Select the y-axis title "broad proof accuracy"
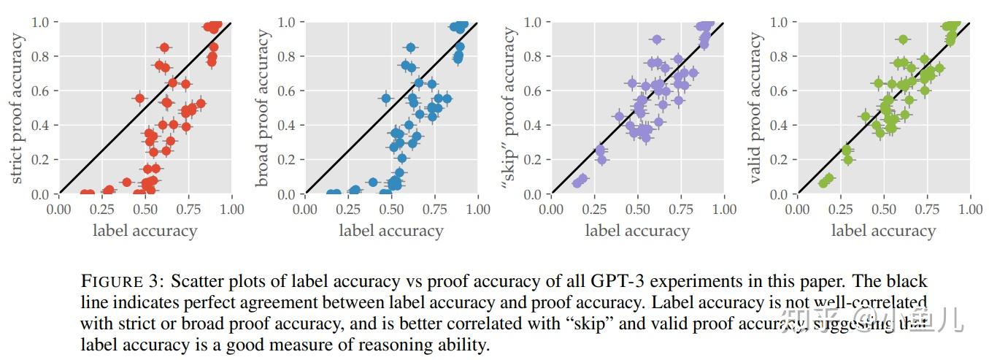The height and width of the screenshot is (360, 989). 263,109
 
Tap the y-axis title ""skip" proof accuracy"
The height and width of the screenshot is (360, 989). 509,109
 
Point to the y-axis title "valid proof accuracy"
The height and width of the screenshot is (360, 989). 756,109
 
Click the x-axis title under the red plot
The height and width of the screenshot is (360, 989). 145,231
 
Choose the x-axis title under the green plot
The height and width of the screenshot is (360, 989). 883,231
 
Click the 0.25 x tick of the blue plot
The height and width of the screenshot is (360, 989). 348,210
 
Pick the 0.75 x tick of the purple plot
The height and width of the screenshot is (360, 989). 681,210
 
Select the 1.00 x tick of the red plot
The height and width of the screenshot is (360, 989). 231,210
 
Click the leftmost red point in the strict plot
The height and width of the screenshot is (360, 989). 85,194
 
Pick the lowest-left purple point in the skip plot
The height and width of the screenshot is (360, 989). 577,183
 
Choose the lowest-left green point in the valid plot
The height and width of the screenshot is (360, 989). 823,183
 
